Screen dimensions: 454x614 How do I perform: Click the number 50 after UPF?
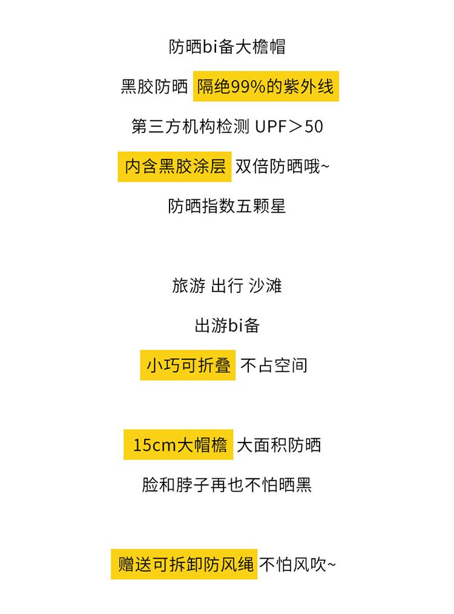click(314, 127)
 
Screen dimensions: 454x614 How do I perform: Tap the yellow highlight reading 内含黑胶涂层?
click(174, 167)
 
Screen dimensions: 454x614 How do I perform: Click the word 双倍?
click(252, 167)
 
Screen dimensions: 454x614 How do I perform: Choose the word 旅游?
click(189, 286)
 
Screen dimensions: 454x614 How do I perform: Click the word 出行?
click(227, 286)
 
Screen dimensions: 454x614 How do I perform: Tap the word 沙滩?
click(265, 286)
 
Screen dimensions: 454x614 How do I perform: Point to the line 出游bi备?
click(227, 325)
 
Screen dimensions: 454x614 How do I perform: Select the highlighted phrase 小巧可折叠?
click(188, 365)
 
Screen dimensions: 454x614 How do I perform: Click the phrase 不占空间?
click(274, 365)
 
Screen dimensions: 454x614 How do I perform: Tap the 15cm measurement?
click(154, 445)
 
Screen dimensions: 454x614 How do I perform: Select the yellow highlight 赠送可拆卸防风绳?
click(184, 564)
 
